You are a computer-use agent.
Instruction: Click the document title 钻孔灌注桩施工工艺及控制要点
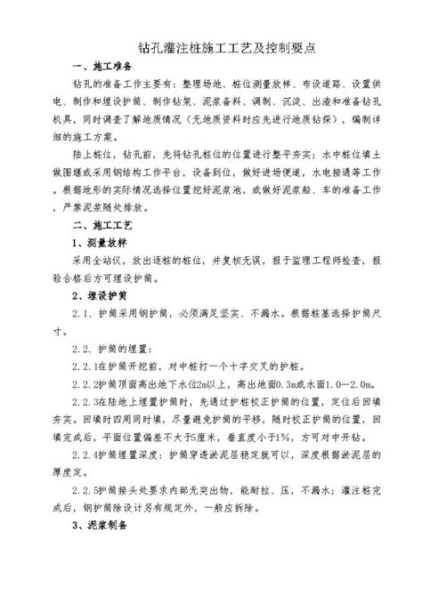click(x=210, y=46)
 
